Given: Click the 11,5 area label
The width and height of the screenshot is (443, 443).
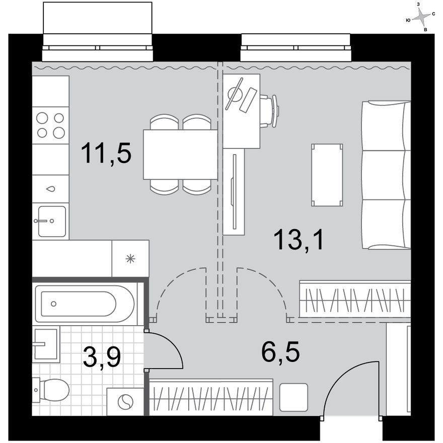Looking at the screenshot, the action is tap(106, 153).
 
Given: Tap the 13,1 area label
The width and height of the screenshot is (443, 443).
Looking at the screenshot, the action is tap(299, 240).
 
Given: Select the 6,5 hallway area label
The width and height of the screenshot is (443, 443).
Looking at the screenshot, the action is tap(280, 352).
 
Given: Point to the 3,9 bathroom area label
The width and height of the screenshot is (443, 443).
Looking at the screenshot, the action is tap(102, 357).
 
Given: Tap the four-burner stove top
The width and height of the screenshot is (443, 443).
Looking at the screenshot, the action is tap(50, 125).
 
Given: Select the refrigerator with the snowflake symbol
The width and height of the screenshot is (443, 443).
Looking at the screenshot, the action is tap(130, 259).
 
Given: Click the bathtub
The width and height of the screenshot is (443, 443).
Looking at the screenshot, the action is tap(85, 304).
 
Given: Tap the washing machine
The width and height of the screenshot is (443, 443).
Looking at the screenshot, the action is tap(125, 402).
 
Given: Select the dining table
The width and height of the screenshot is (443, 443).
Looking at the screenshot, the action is tap(180, 154).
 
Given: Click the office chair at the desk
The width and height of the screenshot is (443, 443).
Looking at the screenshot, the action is tap(269, 111).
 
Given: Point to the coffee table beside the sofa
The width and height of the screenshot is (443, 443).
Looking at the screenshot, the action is tap(327, 175).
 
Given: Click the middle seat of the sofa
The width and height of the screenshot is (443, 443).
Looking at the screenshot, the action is tap(386, 175).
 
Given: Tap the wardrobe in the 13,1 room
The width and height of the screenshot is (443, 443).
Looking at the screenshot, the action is tap(355, 299).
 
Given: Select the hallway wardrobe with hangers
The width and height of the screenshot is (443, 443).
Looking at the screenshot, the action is tap(211, 397).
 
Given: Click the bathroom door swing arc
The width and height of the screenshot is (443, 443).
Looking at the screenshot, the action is tap(170, 345).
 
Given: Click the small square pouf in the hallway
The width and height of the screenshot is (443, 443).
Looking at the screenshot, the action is tap(293, 397).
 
